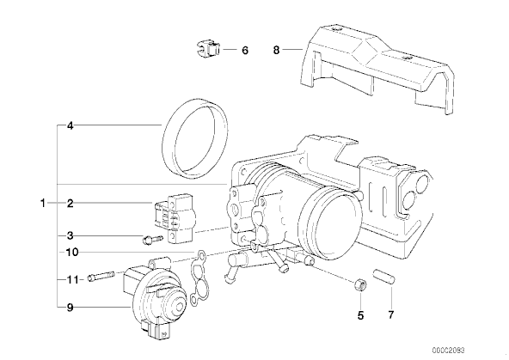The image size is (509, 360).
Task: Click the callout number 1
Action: click(42, 204)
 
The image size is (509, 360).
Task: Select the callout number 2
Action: click(71, 204)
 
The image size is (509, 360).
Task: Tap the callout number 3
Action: click(71, 235)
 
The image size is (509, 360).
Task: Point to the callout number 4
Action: click(71, 125)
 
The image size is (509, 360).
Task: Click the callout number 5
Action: click(360, 315)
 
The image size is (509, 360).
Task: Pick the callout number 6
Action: click(245, 51)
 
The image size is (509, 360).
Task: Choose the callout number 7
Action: click(390, 314)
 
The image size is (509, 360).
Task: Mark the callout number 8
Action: click(276, 51)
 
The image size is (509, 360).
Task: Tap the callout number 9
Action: click(71, 307)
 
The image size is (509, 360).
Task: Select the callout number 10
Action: click(72, 252)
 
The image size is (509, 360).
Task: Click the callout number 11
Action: click(73, 279)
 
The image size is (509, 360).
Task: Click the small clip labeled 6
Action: click(208, 48)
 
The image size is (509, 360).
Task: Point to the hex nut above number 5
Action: click(360, 285)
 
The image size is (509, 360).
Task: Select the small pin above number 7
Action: click(384, 276)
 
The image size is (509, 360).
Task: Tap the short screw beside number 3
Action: click(152, 240)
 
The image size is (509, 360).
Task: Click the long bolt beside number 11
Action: click(101, 277)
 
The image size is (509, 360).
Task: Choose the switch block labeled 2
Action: click(175, 217)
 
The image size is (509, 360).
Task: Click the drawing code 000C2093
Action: click(448, 351)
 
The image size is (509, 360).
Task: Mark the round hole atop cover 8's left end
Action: click(337, 30)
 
